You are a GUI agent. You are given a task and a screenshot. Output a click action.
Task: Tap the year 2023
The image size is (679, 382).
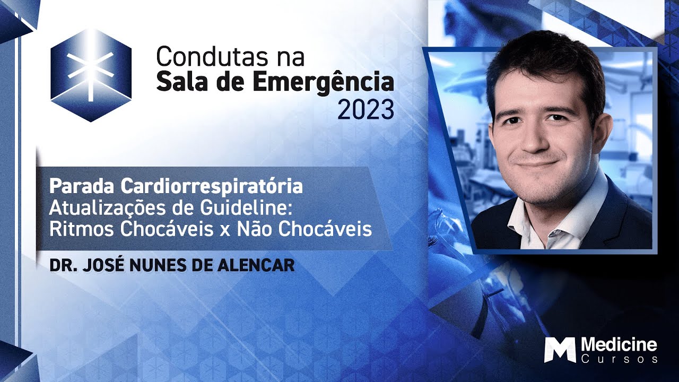click(366, 110)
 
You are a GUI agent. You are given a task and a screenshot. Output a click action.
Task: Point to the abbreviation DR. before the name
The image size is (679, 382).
click(61, 265)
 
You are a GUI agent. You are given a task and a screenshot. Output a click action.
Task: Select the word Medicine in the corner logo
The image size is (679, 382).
click(619, 345)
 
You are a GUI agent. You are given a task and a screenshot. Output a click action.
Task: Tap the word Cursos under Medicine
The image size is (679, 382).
click(619, 360)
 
